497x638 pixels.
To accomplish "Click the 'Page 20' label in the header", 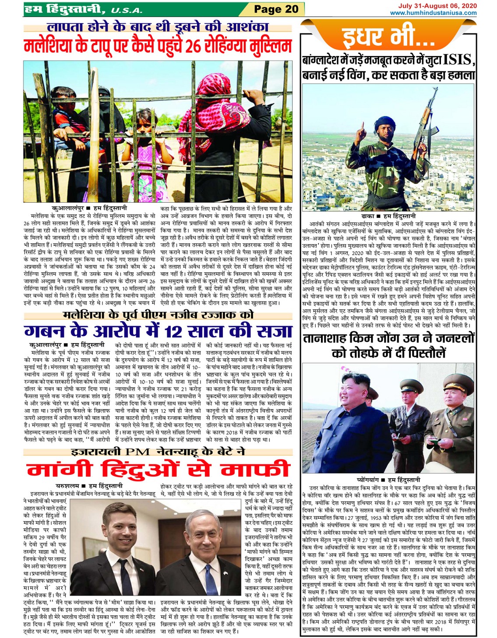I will [x=276, y=9].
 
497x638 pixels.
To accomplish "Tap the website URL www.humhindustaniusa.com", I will [x=433, y=13].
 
